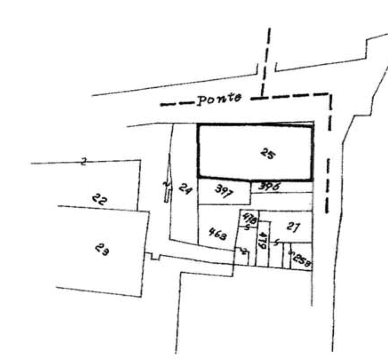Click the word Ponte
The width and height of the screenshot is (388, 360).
[x=220, y=99]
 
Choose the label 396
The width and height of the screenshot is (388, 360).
[x=270, y=187]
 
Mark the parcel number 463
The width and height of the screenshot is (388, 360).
[x=217, y=233]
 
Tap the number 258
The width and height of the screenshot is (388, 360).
[x=301, y=258]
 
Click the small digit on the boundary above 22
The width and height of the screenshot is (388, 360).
[x=84, y=160]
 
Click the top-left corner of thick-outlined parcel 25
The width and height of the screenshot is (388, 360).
[x=198, y=124]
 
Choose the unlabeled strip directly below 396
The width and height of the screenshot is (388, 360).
[x=281, y=200]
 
